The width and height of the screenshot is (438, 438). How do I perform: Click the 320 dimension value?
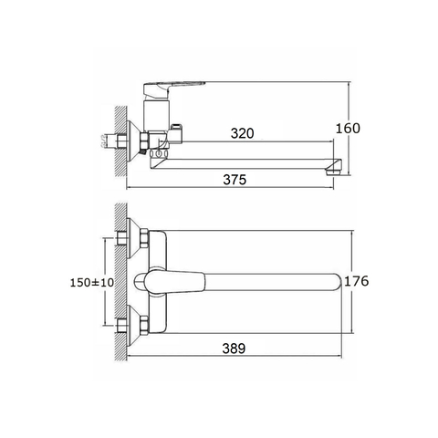tap(242, 133)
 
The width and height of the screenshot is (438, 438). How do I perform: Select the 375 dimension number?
tap(235, 180)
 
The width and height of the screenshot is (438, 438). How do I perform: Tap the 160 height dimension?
tap(348, 129)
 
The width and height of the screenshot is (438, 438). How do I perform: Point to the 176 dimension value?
tap(357, 281)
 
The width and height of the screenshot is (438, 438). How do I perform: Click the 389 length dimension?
tap(234, 349)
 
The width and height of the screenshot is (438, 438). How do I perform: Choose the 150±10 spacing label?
tap(92, 283)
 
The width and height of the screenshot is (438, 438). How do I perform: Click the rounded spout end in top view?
tap(339, 282)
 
